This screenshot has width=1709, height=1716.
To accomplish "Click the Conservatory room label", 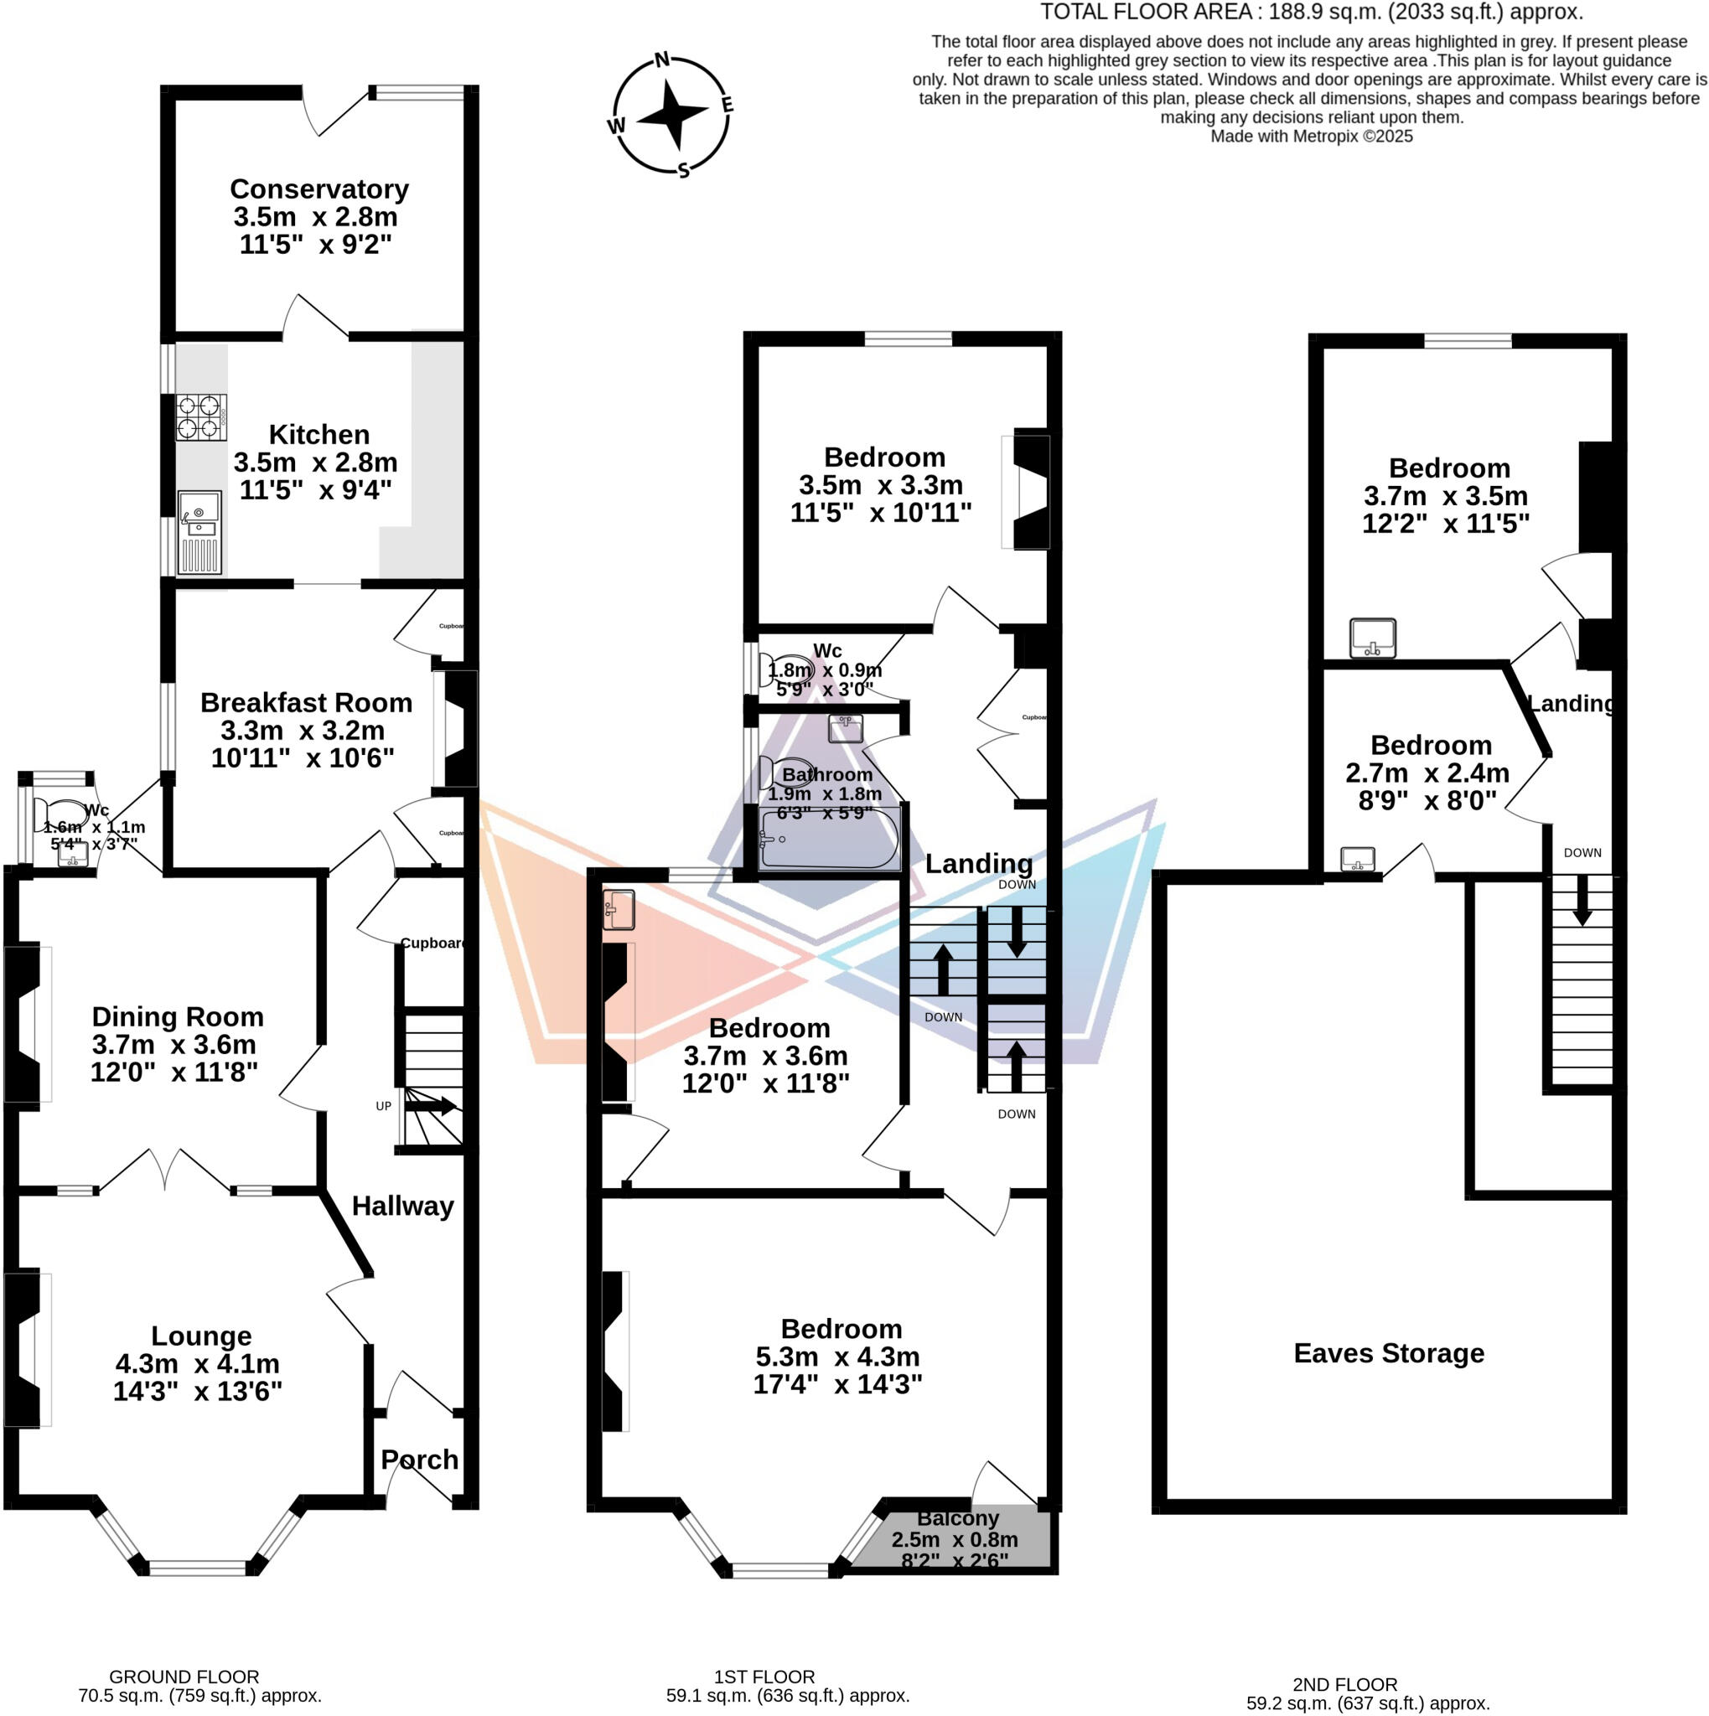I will pos(318,189).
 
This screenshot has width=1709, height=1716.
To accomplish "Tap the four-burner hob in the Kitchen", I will pos(201,417).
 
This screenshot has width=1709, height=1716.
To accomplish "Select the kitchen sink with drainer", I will pos(199,532).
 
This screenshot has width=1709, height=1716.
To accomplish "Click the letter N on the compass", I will pos(662,60).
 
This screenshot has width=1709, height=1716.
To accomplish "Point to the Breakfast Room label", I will pos(306,702).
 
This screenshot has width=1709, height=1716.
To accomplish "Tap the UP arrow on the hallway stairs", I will pos(432,1107).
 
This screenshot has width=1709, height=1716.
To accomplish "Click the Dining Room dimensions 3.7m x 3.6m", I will pos(174,1045).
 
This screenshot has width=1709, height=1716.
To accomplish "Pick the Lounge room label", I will pos(201,1336).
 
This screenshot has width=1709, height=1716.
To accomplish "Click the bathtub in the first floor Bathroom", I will pos(829,839).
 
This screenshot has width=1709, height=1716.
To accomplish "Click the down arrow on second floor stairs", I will pos(1582,902).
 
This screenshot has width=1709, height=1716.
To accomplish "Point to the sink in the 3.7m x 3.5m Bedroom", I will pos(1372,638).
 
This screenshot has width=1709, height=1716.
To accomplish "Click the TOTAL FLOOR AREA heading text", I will pos(1311,13).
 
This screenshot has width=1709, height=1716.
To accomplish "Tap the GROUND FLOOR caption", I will pos(184,1677).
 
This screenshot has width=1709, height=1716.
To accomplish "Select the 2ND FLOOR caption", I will pos(1344,1685).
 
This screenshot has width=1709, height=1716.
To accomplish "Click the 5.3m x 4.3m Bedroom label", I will pos(841,1329).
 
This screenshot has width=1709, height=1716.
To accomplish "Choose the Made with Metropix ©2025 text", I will pos(1311,137).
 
